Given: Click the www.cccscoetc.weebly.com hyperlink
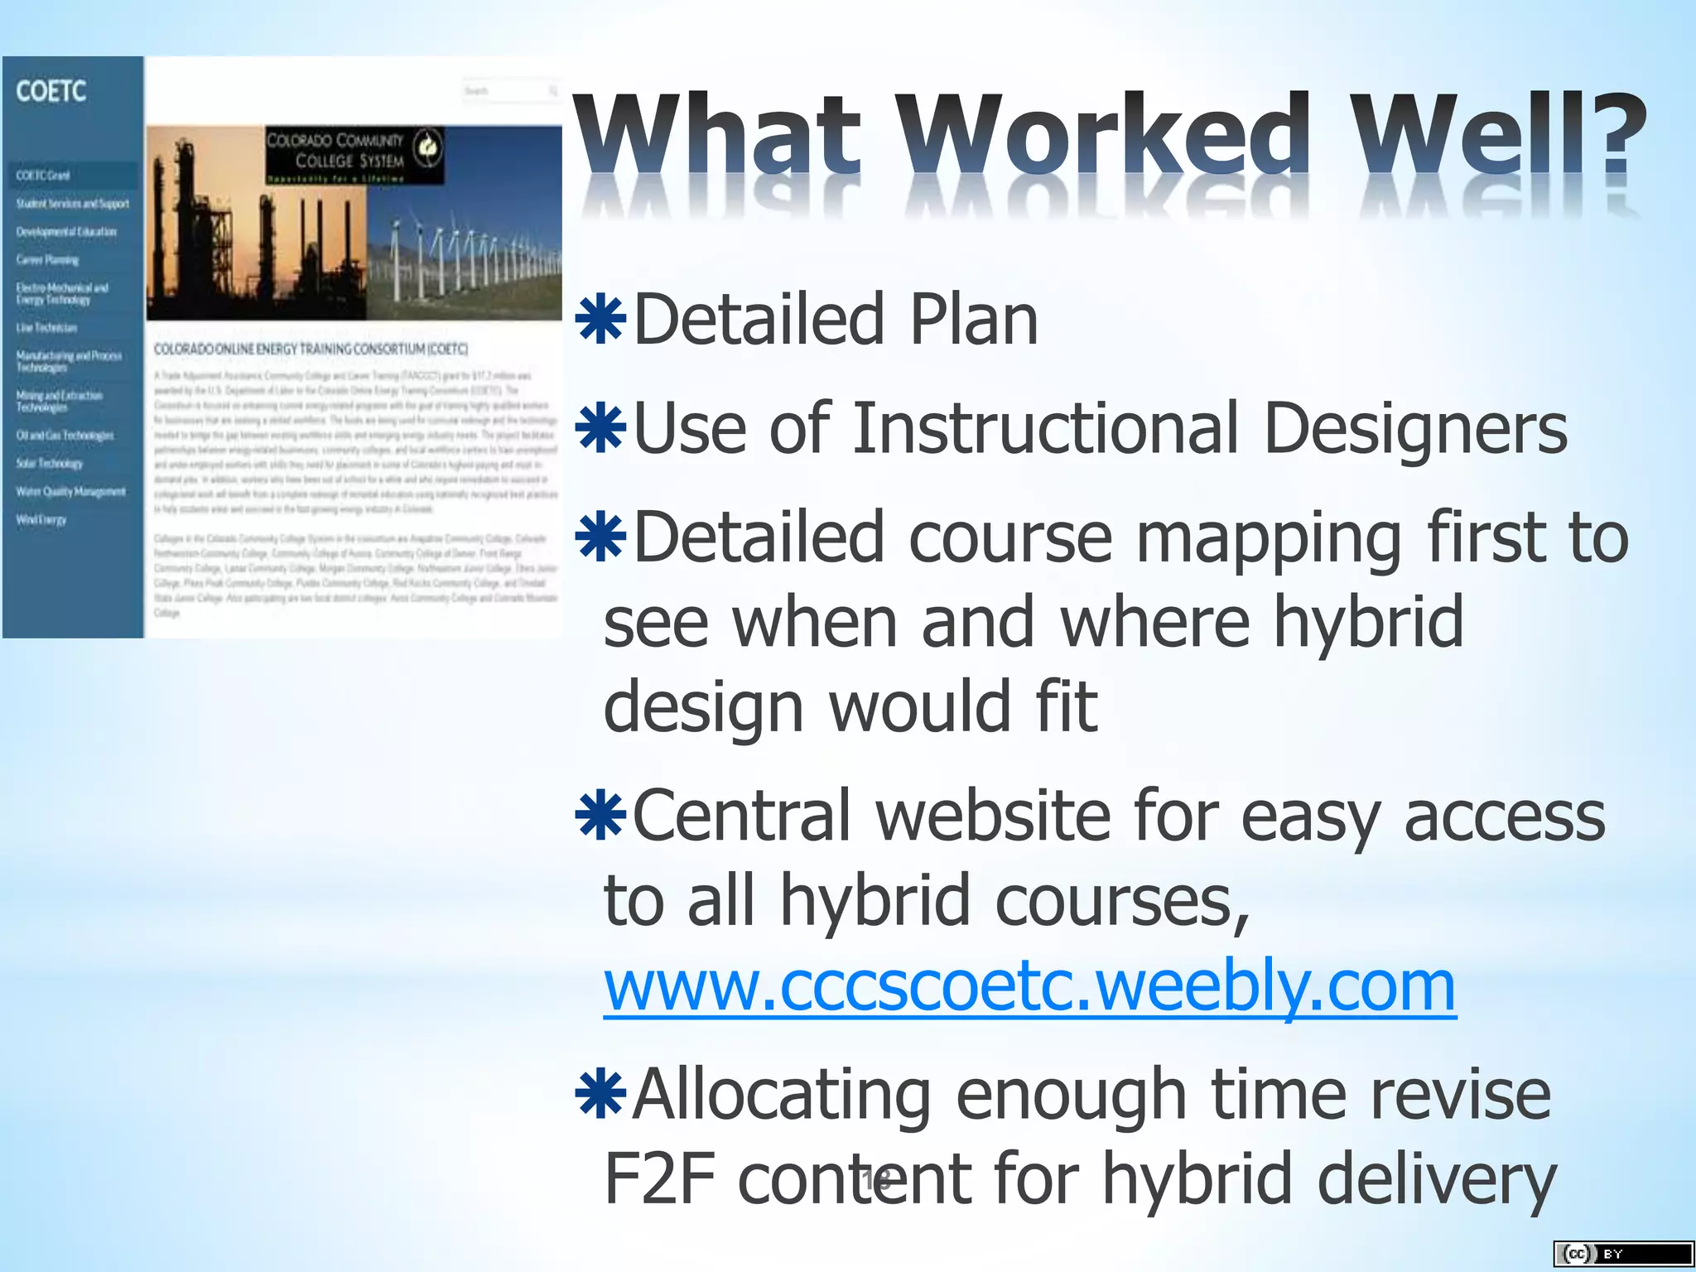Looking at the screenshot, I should coord(1029,986).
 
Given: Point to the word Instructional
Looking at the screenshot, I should coord(1046,428).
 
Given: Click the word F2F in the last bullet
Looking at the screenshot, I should coord(659,1178).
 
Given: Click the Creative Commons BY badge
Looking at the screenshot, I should coord(1622,1254).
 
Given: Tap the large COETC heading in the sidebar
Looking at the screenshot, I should coord(51,91).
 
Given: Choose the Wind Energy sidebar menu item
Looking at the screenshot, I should coord(41,520).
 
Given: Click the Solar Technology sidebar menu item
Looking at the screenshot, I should coord(50,464).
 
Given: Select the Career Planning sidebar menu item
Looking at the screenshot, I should coord(48,260).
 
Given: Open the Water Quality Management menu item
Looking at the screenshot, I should coord(71,492).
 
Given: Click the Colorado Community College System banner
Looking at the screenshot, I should coord(354,155).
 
